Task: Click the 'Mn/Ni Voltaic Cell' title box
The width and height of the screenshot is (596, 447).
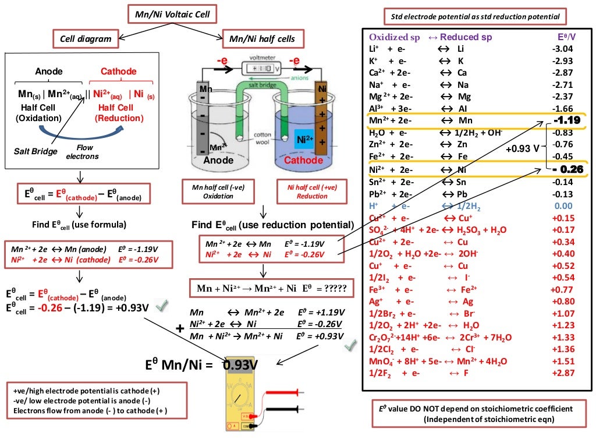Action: (x=169, y=13)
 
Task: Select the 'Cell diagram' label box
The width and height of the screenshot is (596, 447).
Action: (x=86, y=39)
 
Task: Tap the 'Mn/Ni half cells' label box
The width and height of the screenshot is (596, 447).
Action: (x=262, y=39)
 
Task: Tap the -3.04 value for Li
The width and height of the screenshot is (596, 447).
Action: (x=562, y=49)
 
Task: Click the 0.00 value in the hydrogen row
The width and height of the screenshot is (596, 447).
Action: (x=563, y=205)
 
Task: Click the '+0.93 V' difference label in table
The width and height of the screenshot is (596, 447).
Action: (x=522, y=148)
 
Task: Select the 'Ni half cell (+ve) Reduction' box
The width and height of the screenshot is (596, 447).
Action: (x=312, y=191)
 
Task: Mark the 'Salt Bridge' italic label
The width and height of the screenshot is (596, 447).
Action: (x=35, y=151)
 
